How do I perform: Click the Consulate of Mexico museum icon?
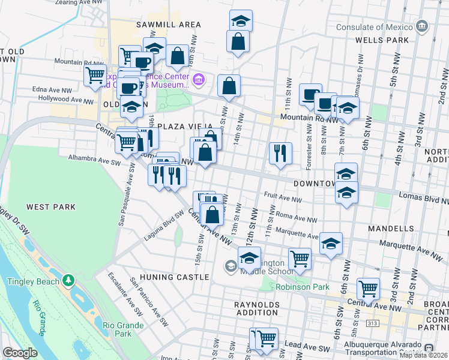click(423, 27)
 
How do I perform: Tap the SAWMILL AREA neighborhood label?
click(167, 25)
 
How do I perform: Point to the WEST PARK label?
click(51, 207)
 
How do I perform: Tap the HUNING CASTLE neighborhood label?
click(173, 277)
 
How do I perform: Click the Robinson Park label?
click(303, 287)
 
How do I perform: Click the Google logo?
click(20, 353)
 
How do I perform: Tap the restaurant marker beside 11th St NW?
click(280, 153)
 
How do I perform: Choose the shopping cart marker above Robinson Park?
click(300, 259)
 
